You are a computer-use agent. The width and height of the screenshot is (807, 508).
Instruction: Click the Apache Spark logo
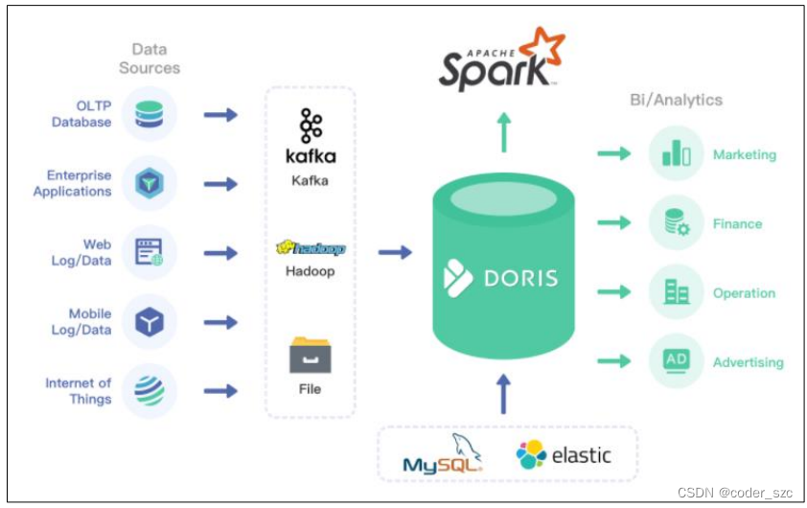click(500, 62)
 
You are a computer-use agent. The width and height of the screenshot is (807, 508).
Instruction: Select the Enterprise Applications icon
click(150, 183)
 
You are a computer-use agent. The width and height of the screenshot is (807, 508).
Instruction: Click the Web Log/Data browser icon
click(150, 252)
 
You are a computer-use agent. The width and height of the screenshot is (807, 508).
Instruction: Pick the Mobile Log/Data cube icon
click(150, 322)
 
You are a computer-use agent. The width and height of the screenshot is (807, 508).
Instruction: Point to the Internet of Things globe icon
click(150, 390)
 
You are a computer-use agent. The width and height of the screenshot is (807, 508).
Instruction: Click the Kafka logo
click(311, 137)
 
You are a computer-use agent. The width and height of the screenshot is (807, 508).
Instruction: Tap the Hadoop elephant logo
click(311, 248)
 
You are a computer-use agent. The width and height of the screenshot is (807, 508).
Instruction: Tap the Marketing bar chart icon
click(677, 153)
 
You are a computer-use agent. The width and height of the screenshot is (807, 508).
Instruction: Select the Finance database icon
click(677, 223)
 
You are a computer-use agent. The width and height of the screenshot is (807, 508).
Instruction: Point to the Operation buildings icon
click(677, 292)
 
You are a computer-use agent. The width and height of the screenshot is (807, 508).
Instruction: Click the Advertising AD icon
click(677, 361)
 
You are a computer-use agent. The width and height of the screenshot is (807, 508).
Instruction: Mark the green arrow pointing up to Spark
click(503, 132)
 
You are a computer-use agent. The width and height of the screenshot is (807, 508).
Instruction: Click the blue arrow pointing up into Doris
click(503, 393)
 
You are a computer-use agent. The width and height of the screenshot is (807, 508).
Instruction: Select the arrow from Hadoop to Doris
click(395, 252)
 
